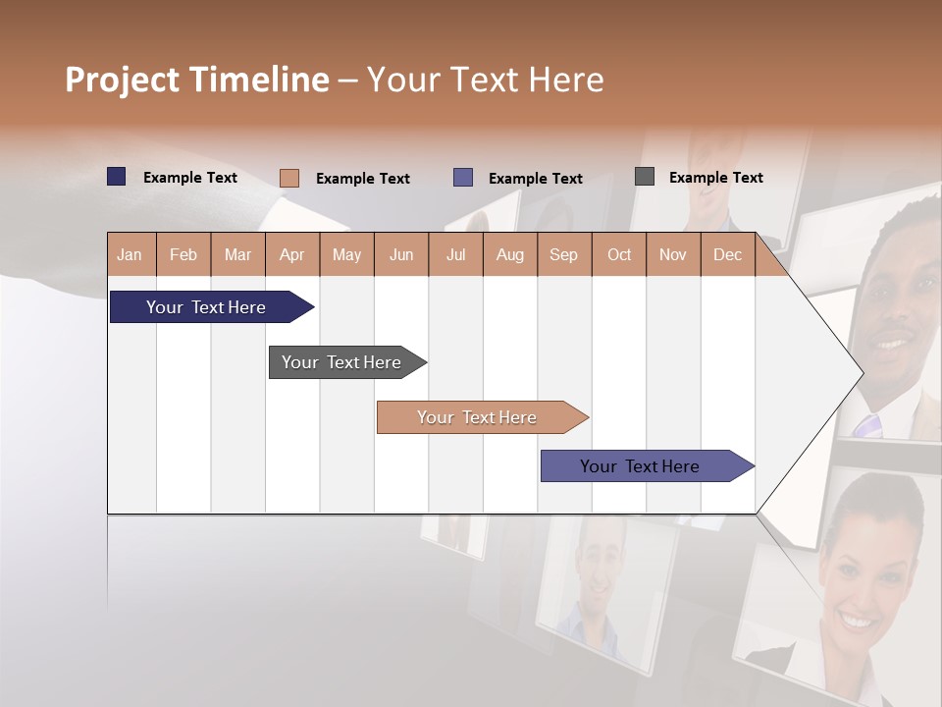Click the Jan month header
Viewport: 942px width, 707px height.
(130, 255)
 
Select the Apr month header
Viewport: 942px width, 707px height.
(291, 255)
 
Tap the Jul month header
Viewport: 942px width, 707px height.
(455, 255)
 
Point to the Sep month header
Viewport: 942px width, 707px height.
(563, 255)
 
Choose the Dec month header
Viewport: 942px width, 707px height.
(727, 255)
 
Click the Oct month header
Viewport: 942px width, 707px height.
(619, 255)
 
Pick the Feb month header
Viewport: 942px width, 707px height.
(183, 255)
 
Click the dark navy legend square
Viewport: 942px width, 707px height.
(117, 177)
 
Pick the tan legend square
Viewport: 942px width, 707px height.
(289, 178)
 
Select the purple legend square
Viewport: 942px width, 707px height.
(463, 178)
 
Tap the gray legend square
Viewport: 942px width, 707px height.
(645, 177)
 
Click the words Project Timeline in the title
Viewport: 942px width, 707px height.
(197, 80)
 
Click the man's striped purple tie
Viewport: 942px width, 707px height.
(868, 425)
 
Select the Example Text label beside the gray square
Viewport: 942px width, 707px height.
(715, 178)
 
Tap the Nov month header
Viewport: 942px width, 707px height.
(673, 255)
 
